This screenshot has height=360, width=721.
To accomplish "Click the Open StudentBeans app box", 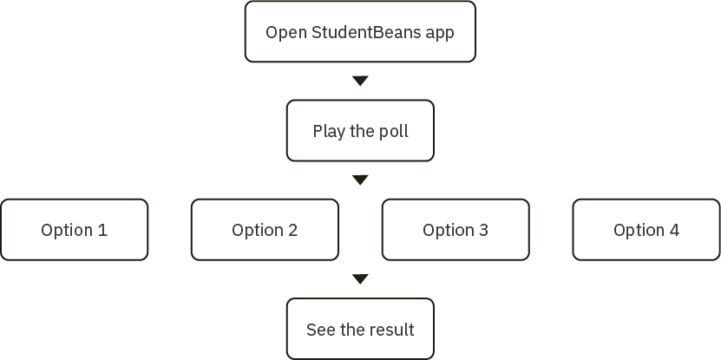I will pos(360,32).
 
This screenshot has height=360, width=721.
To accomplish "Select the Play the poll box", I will pos(360,132).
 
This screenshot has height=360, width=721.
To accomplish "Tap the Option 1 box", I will pos(74,230).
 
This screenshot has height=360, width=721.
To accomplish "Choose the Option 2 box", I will pos(265,230).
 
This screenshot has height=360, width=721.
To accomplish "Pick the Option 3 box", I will pos(456,230).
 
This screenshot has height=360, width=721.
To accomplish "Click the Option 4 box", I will pos(646,230).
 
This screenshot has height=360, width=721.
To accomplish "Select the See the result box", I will pos(360,330).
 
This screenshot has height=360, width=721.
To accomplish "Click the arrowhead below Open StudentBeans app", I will pos(360,81).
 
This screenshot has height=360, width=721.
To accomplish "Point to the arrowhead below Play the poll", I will pos(360,180).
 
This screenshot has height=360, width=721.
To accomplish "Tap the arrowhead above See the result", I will pos(360,279).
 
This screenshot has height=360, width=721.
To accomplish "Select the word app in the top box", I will pos(440,34).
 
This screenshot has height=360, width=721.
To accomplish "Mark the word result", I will pos(391,330).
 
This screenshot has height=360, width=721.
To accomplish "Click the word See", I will pos(318,330).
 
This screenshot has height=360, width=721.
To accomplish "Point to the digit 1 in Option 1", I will pos(103,230).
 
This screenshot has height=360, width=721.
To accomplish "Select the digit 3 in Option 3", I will pos(483,230).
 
